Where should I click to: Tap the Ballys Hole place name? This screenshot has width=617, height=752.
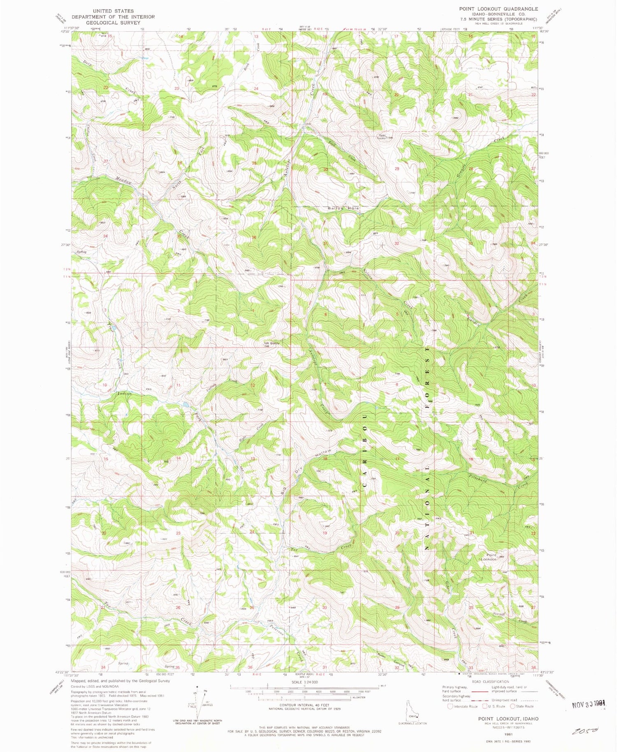[x=343, y=208]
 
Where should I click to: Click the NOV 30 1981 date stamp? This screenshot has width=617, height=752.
[x=589, y=704]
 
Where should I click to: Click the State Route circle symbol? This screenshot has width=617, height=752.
[x=513, y=706]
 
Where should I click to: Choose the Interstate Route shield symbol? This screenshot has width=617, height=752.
[x=450, y=706]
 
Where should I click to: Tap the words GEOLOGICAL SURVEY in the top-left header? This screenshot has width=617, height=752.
[x=113, y=23]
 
